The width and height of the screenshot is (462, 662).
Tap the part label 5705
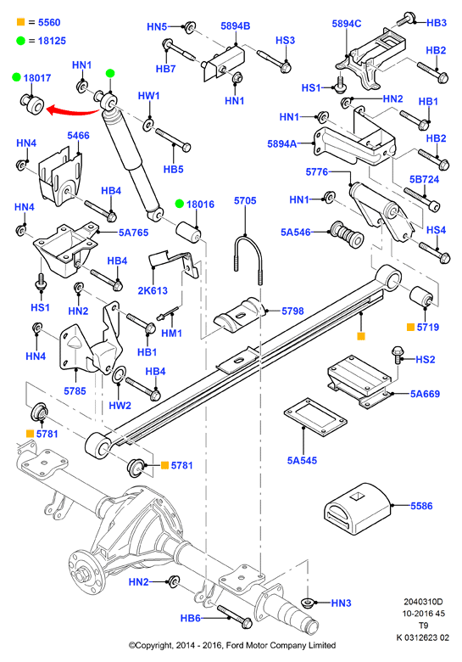245,200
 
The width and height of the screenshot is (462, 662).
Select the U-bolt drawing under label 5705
248,258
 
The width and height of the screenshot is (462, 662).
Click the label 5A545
302,460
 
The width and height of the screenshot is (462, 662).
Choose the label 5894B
235,25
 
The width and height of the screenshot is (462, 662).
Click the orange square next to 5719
410,327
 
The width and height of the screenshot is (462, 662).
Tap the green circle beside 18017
16,77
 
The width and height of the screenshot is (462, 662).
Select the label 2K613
153,290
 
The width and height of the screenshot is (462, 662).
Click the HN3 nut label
341,603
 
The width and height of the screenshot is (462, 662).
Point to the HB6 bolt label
191,618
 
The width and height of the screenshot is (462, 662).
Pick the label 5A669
425,394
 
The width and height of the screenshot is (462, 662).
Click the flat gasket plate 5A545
315,417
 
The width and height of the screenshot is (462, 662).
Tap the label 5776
316,171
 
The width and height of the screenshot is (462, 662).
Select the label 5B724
424,179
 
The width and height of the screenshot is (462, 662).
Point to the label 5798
292,311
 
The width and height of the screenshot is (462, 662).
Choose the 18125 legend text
52,41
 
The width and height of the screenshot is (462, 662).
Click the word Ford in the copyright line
236,645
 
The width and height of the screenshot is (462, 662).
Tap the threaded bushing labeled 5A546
347,236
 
